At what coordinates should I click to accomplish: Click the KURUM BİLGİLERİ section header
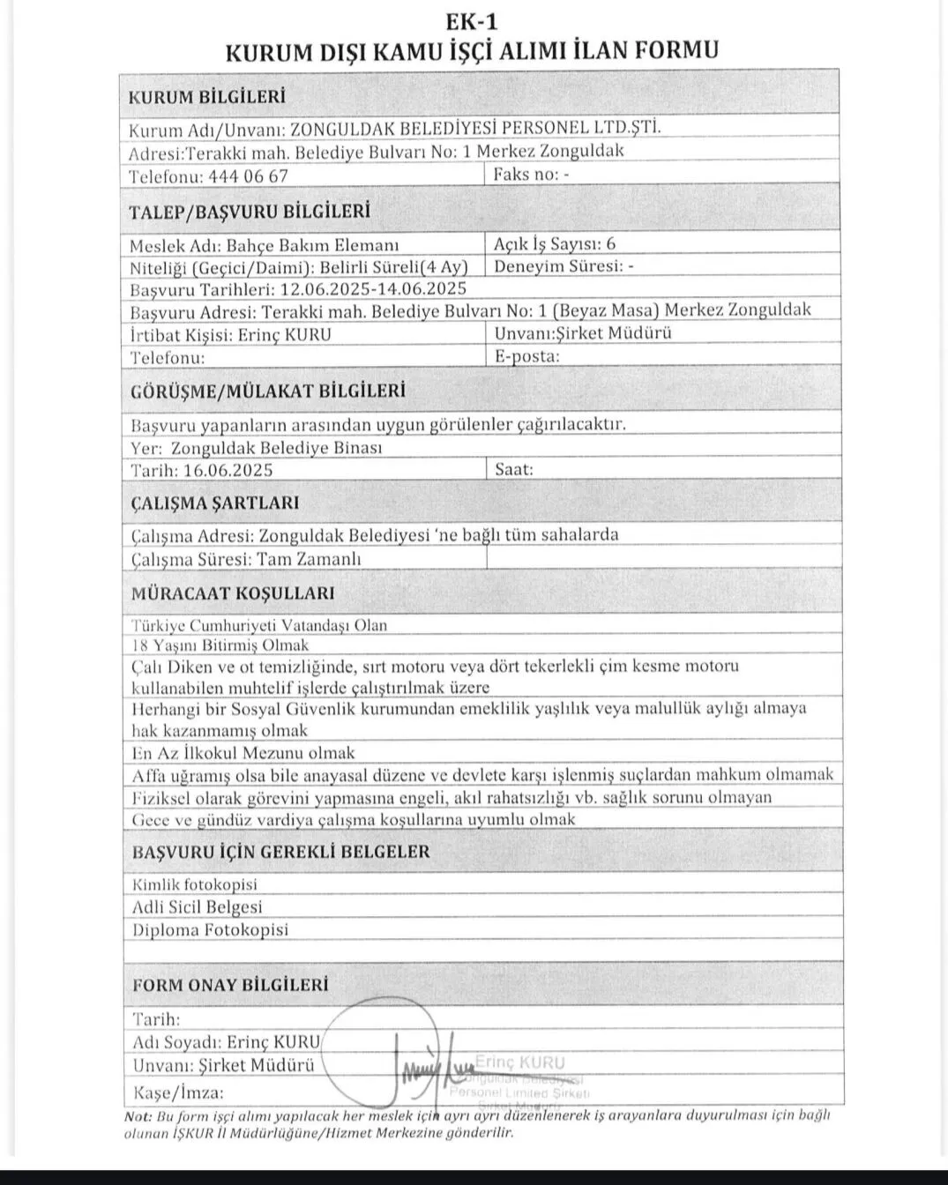(x=206, y=97)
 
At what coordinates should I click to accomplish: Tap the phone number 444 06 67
(x=248, y=175)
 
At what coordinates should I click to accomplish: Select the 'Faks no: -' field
(x=531, y=174)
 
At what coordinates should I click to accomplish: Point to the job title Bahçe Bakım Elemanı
(x=313, y=244)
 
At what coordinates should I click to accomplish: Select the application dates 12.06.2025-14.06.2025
(x=373, y=288)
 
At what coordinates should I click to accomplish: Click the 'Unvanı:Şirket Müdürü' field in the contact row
(x=583, y=332)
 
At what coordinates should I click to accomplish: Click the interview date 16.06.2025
(x=228, y=470)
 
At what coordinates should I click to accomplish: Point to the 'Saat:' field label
(x=514, y=469)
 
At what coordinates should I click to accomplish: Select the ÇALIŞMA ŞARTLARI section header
(x=215, y=503)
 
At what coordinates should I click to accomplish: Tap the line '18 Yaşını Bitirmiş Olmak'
(x=220, y=645)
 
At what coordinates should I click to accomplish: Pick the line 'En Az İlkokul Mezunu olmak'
(x=243, y=753)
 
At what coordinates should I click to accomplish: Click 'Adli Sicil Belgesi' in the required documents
(x=198, y=906)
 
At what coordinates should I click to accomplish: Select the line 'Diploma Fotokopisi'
(x=210, y=929)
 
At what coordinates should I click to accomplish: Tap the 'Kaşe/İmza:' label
(x=177, y=1092)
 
